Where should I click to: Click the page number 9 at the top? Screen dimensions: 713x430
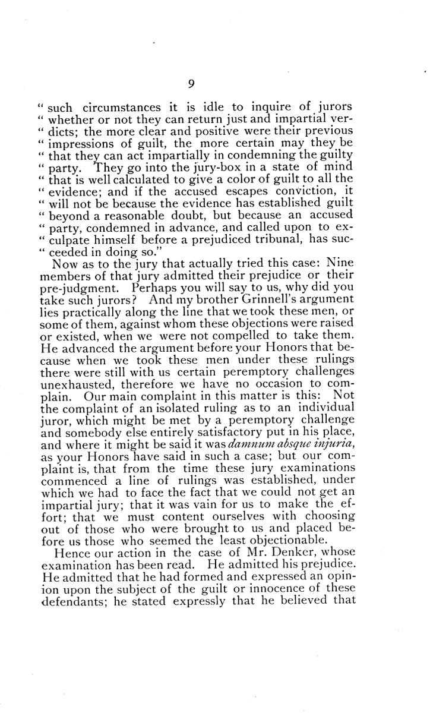[191, 84]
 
